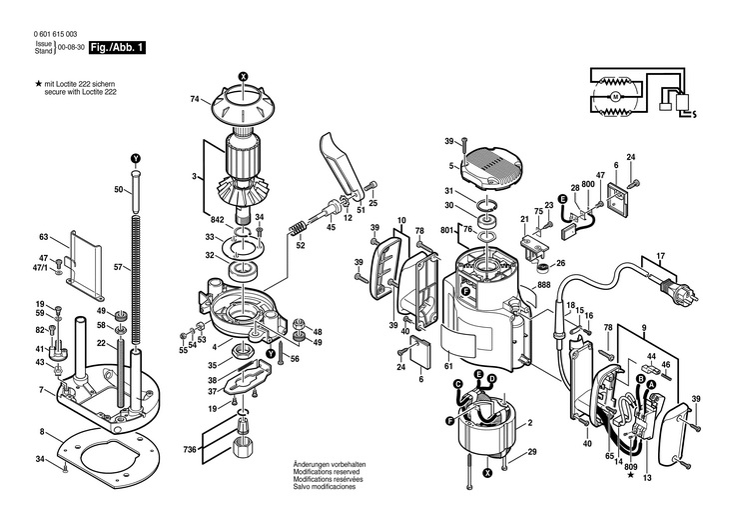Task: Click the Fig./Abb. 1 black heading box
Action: coord(117,48)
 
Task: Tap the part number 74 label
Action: coord(195,99)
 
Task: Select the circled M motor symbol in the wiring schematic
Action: coord(616,97)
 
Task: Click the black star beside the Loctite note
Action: coord(39,84)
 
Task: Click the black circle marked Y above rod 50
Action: coord(135,158)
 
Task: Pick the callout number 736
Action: coord(189,449)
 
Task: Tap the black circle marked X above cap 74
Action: coord(243,76)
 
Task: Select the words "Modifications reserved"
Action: coord(320,472)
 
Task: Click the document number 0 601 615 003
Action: coord(55,34)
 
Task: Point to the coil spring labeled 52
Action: coord(297,229)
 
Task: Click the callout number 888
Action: coord(543,285)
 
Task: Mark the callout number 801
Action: coord(446,230)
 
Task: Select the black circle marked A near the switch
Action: coord(651,384)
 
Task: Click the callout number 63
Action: coord(43,237)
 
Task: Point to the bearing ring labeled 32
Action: coord(244,271)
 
